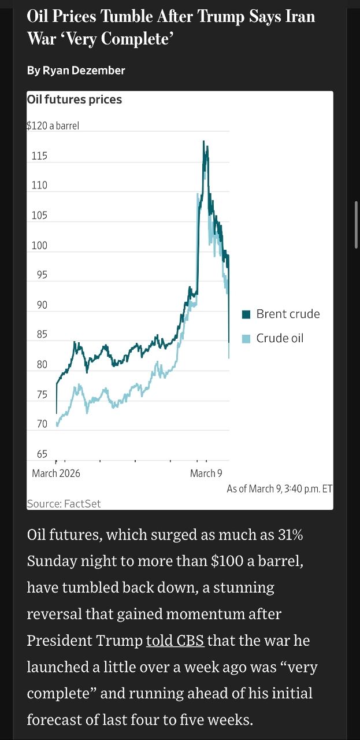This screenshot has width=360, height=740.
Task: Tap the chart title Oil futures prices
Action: [75, 99]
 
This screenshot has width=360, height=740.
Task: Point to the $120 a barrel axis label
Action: [53, 126]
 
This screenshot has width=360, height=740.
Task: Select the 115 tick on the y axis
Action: [40, 156]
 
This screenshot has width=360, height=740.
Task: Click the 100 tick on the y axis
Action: [40, 246]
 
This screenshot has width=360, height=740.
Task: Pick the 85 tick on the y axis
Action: [40, 335]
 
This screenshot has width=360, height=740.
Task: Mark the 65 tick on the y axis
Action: [40, 454]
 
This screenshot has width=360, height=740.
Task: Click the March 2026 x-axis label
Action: [56, 473]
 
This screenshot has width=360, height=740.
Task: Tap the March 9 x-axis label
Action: [206, 473]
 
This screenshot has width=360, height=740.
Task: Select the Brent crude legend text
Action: [288, 314]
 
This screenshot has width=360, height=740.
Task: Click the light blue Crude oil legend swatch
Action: [246, 339]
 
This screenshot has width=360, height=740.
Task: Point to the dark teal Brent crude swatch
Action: [246, 314]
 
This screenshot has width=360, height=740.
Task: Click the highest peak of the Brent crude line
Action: [203, 141]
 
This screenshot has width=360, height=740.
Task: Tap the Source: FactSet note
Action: [64, 504]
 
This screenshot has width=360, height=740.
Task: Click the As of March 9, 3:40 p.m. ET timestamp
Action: [280, 489]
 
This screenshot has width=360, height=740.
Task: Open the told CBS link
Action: [175, 641]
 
